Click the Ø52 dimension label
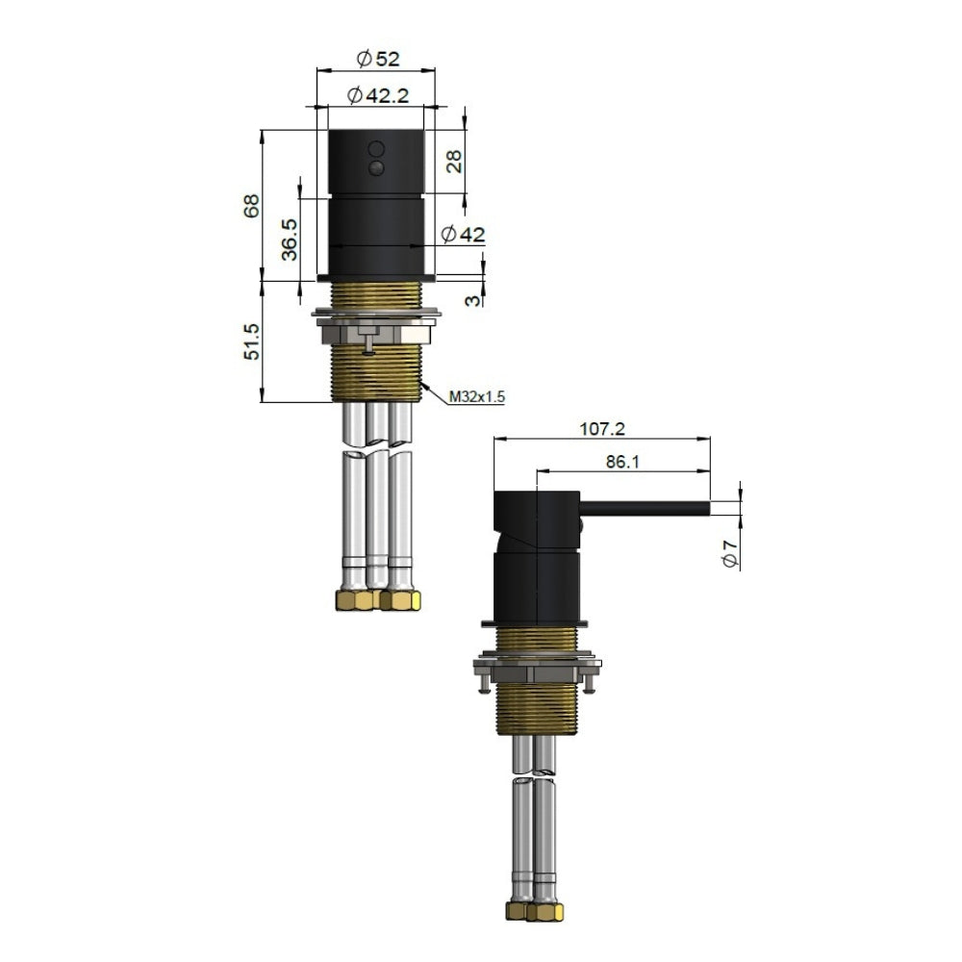point(377,60)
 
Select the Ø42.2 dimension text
point(377,94)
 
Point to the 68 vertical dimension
point(252,205)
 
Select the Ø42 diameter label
point(462,234)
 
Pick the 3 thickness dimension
point(473,300)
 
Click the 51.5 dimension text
point(252,342)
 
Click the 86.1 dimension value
point(623,461)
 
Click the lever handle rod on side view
point(645,507)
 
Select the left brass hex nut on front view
point(354,600)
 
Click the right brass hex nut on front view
point(401,600)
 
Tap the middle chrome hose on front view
point(377,500)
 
